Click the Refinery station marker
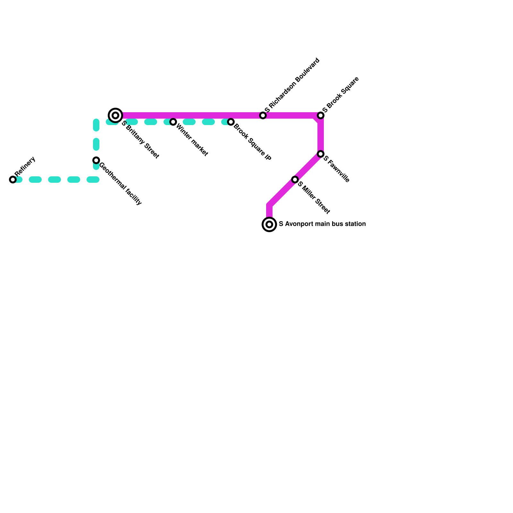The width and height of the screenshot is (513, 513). pos(13,180)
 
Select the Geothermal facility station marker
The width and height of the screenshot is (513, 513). pos(96,160)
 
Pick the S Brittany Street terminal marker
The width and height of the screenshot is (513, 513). pos(115,115)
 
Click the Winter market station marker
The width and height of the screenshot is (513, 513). pos(173,122)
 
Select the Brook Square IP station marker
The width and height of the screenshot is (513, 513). pos(231,122)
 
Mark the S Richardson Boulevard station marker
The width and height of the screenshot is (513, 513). pos(263,115)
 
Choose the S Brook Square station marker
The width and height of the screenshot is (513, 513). pos(321,115)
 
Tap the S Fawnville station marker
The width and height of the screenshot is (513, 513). pos(321,154)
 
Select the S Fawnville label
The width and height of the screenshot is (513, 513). pos(336,169)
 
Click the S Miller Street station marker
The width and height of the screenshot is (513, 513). pos(295,180)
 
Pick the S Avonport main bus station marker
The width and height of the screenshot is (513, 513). pos(269,224)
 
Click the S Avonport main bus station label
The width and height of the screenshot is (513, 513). pos(322,224)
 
